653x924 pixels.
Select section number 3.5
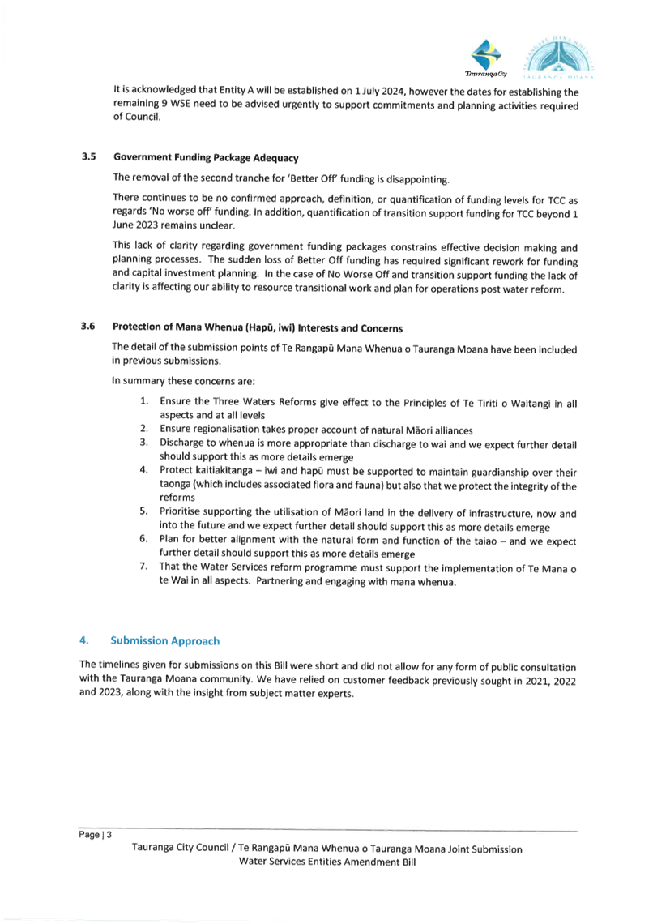[x=88, y=157]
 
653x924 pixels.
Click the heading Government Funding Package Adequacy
[x=206, y=158]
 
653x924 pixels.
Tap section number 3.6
[x=88, y=327]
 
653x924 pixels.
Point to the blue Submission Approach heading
[x=164, y=640]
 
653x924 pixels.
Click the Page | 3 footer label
[x=95, y=834]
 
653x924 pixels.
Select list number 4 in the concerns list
[x=143, y=470]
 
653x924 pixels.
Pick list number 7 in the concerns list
[x=143, y=567]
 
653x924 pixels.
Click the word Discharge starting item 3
[x=181, y=443]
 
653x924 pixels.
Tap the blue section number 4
[x=84, y=640]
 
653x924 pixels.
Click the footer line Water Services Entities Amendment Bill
[x=326, y=862]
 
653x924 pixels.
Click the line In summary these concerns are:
[x=182, y=381]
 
